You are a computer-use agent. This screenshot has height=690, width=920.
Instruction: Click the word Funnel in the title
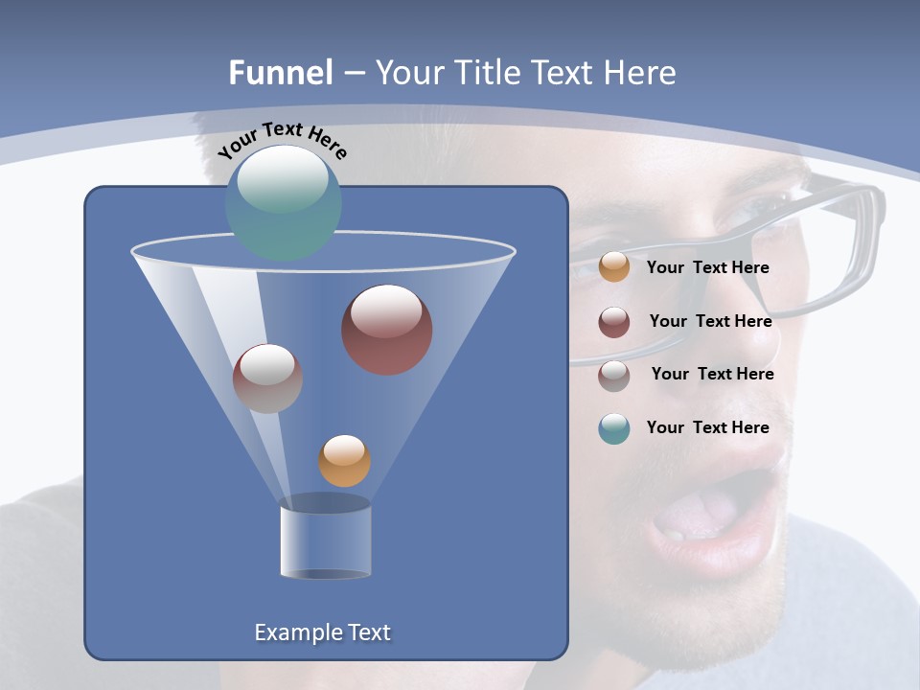[281, 73]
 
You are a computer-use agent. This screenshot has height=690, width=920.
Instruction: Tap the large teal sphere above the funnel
[284, 202]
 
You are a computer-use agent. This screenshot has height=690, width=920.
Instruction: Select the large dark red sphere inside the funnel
[387, 330]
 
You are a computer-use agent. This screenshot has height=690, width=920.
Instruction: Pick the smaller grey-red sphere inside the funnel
[267, 379]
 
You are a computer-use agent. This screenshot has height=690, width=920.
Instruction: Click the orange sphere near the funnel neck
[344, 461]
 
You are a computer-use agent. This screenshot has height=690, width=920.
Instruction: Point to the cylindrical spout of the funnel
[326, 541]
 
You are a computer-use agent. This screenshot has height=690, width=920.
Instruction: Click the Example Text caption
[322, 632]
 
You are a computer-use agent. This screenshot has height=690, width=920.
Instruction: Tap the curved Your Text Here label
[283, 140]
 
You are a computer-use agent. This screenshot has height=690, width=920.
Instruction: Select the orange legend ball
[614, 266]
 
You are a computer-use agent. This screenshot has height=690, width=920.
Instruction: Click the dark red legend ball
[614, 322]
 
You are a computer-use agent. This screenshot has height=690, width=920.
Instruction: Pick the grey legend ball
[614, 376]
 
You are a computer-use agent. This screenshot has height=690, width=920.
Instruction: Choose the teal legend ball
[614, 428]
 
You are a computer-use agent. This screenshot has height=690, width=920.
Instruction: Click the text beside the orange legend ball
[707, 267]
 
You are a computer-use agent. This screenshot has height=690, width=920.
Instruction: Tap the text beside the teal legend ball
[707, 427]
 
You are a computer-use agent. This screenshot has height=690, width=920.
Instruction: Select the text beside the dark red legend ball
[710, 321]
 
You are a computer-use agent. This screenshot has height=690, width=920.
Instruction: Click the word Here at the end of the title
[641, 73]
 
